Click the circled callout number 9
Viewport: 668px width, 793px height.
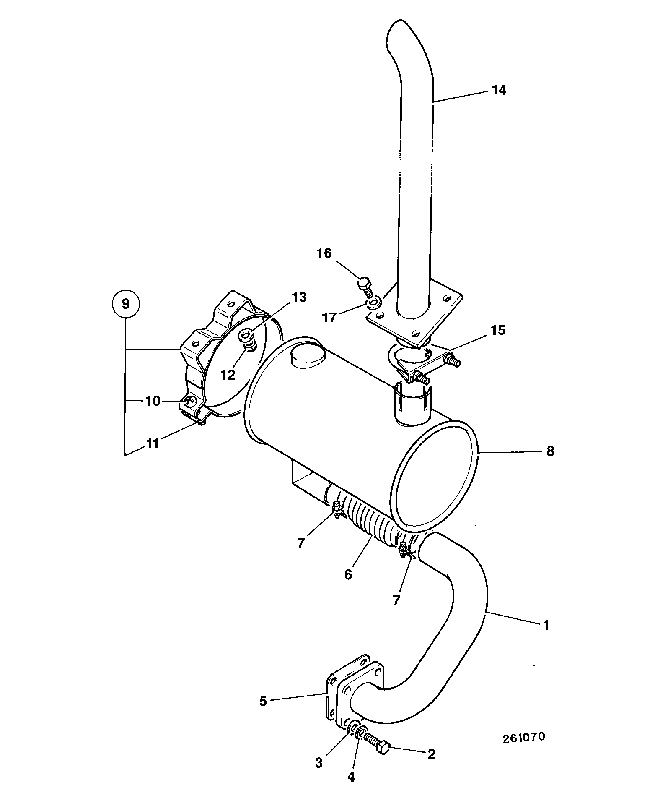click(126, 303)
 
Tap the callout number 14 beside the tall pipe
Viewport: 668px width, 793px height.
click(499, 90)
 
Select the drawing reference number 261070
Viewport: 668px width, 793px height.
click(524, 737)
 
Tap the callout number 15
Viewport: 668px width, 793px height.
click(498, 330)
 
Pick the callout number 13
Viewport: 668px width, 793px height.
click(299, 297)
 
